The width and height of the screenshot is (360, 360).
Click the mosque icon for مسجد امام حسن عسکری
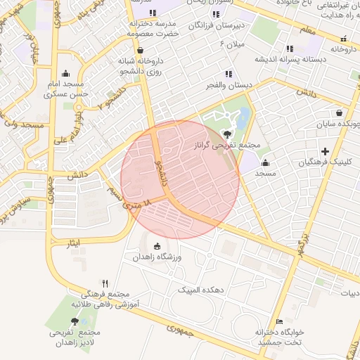click(66, 73)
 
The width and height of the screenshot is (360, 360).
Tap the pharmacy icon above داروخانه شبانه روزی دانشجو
click(141, 50)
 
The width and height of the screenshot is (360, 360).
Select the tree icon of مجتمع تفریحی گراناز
click(227, 134)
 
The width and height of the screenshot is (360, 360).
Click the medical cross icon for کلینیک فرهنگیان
click(324, 151)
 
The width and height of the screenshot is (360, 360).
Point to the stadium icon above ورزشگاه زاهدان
click(157, 246)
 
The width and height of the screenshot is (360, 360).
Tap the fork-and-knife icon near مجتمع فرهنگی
click(105, 283)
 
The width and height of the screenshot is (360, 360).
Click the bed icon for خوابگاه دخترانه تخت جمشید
click(280, 321)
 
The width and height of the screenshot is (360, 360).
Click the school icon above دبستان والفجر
click(228, 73)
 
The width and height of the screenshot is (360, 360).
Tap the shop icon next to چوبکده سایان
click(340, 112)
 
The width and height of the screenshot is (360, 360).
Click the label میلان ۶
click(233, 44)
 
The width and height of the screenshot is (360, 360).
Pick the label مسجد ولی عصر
click(22, 124)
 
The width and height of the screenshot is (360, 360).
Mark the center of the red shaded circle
click(181, 180)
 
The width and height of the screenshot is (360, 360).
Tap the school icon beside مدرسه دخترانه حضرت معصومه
click(153, 13)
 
